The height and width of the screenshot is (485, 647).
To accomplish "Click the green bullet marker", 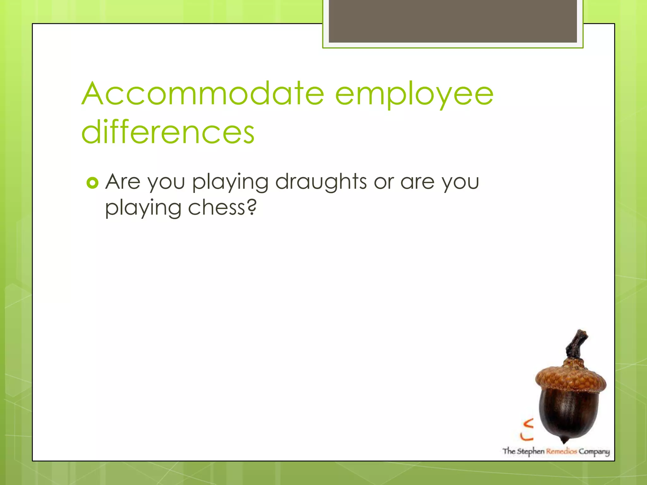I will (x=92, y=183).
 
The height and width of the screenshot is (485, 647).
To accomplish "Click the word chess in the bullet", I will (x=216, y=208).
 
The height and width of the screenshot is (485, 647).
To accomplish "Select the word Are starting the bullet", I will (x=123, y=182).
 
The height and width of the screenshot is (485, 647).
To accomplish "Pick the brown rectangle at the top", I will (x=453, y=21).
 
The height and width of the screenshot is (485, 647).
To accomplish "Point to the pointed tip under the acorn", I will (x=564, y=440).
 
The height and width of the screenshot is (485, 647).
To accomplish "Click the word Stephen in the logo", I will (x=530, y=451).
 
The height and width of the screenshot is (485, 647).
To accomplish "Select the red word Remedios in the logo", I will (x=561, y=451).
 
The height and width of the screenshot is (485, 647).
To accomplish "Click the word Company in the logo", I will (x=594, y=452).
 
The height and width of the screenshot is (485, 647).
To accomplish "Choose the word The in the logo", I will (x=509, y=451).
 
